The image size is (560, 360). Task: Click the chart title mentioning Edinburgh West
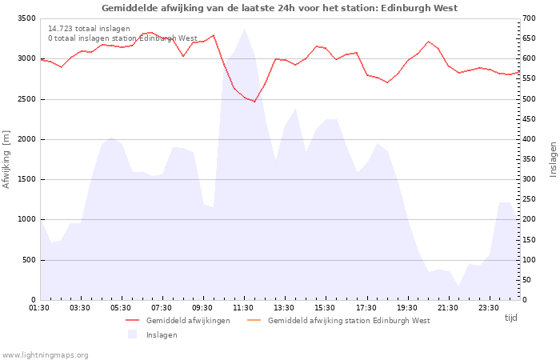point(280,8)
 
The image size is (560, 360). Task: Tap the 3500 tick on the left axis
point(26,18)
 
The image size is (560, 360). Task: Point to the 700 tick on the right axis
point(529,18)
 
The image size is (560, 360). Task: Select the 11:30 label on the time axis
point(243,308)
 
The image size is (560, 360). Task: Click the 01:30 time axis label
point(39,308)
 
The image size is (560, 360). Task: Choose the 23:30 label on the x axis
point(488,308)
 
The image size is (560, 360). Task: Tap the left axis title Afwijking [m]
point(6,159)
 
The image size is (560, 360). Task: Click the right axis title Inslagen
point(553,159)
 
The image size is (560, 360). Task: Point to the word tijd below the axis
point(510,318)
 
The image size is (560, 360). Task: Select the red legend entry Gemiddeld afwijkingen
point(178,320)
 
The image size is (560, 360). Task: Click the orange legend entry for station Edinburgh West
point(338,320)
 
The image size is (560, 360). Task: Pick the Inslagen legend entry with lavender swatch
point(153,334)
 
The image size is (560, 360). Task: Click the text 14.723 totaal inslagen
point(89,29)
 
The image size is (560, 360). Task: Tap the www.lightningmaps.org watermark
point(45,355)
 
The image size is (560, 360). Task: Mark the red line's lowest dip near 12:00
point(254,102)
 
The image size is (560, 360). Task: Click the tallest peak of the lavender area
point(244,29)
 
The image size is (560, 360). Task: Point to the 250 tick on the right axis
point(529,199)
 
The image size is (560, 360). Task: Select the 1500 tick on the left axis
point(26,179)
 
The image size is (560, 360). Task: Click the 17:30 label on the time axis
point(366,308)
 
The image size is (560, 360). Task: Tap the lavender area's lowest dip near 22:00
point(458,286)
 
